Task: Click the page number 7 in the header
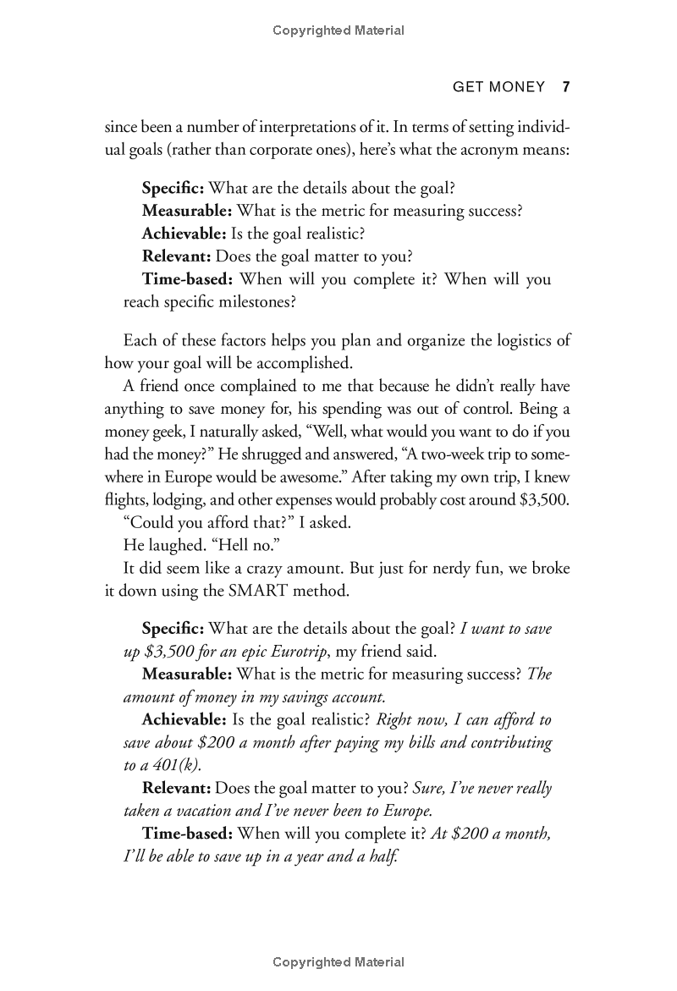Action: coord(567,86)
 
